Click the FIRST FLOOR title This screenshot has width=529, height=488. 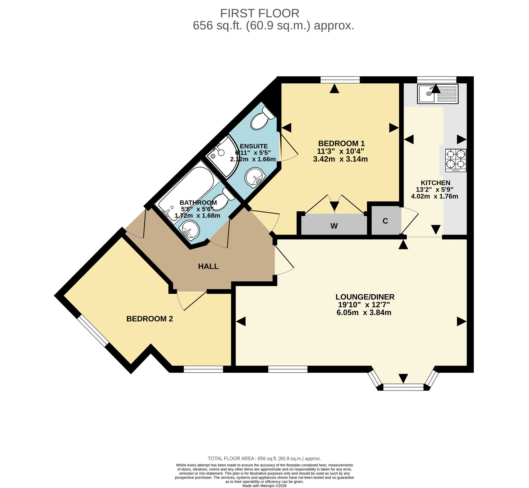pyautogui.click(x=259, y=13)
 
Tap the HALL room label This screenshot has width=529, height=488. pyautogui.click(x=208, y=266)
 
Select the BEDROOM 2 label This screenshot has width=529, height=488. pyautogui.click(x=150, y=319)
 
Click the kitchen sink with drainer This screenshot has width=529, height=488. pyautogui.click(x=438, y=94)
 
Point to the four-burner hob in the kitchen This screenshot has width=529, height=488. pyautogui.click(x=456, y=160)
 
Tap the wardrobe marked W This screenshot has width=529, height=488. pyautogui.click(x=334, y=225)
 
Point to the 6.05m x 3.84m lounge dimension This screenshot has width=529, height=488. pyautogui.click(x=364, y=313)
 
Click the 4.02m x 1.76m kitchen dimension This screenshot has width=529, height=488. pyautogui.click(x=435, y=197)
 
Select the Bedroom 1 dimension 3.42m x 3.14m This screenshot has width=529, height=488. pyautogui.click(x=340, y=159)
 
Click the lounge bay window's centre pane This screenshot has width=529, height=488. pyautogui.click(x=403, y=387)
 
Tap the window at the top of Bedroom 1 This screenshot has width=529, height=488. pyautogui.click(x=340, y=80)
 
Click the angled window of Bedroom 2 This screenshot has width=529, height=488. pyautogui.click(x=93, y=331)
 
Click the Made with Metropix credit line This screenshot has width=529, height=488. pyautogui.click(x=264, y=486)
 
